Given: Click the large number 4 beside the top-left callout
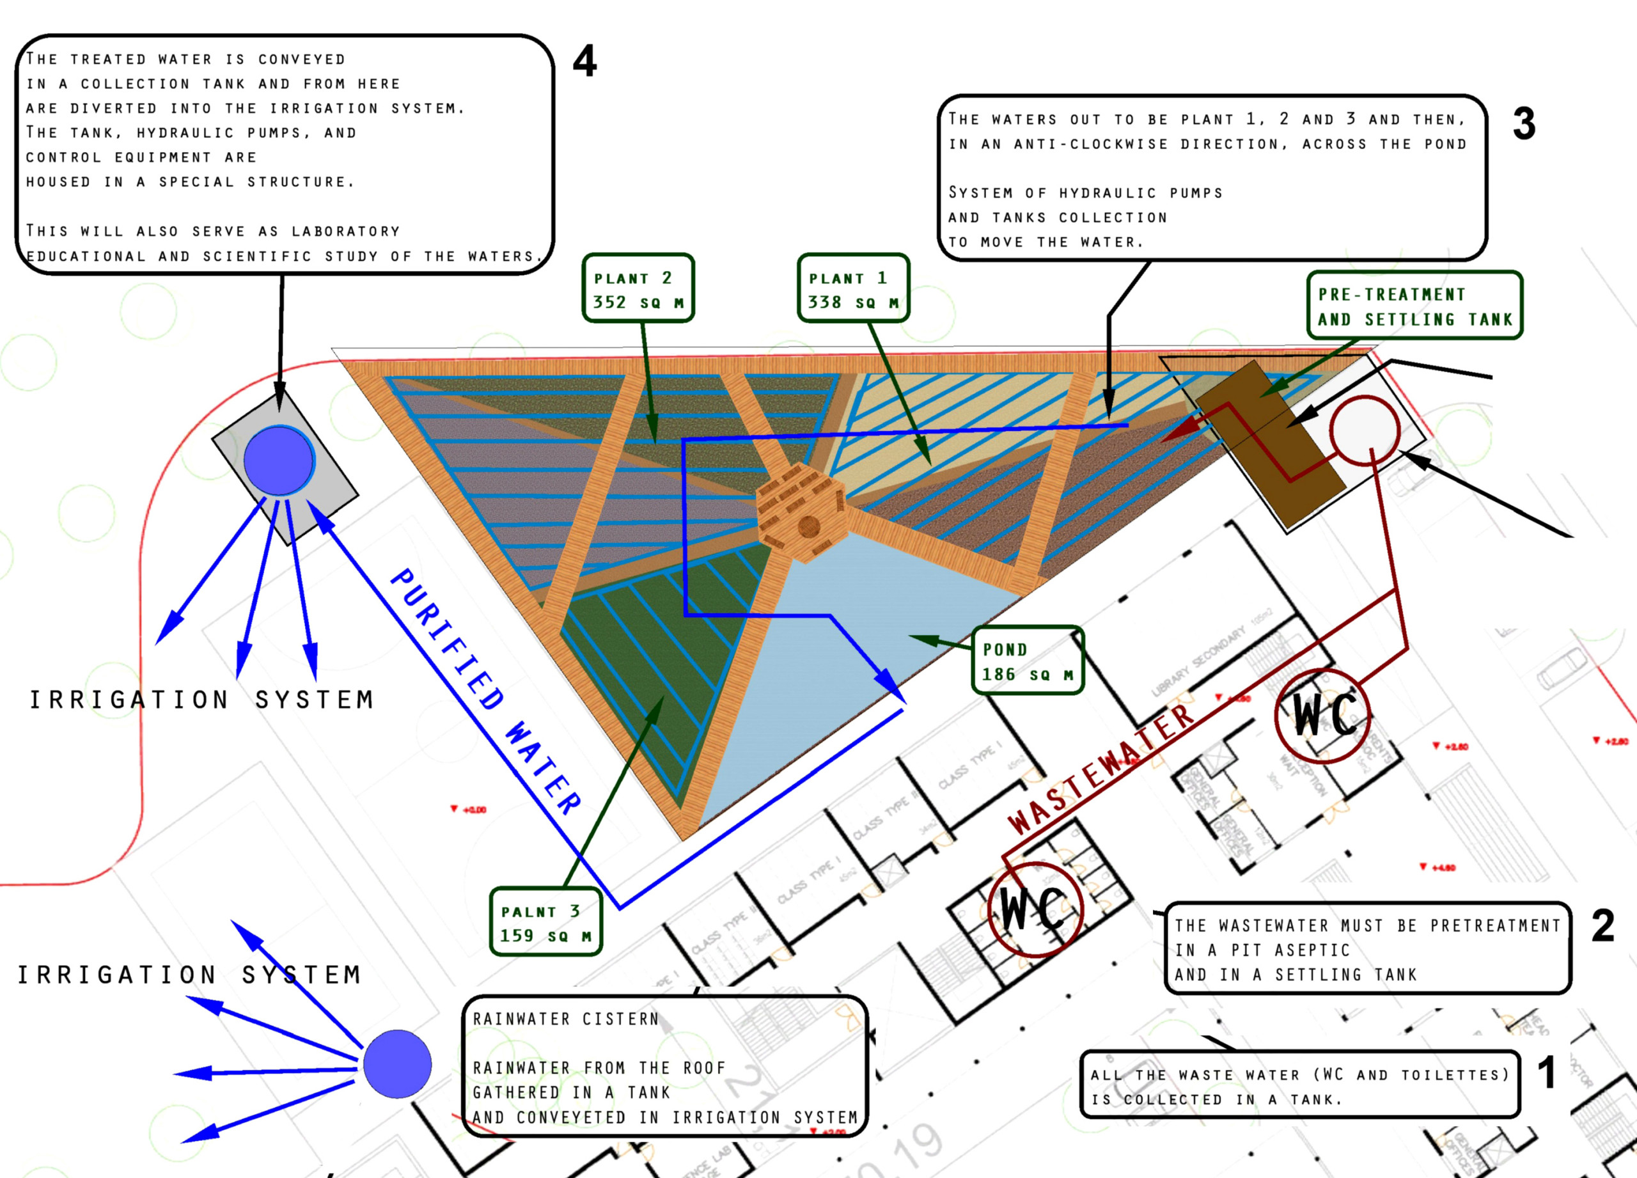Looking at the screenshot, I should [584, 61].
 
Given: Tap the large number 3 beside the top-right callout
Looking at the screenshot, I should [1524, 123].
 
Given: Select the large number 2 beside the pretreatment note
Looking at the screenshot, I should [1602, 925].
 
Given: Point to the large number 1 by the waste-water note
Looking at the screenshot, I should [1546, 1072].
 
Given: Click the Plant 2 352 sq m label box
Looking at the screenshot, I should [638, 288].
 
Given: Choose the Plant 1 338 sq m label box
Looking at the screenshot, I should [853, 288].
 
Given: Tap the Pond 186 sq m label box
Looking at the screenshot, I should [1028, 661].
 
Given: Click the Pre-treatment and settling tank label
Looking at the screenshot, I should [1414, 306].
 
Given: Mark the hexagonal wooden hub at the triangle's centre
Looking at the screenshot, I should [801, 513].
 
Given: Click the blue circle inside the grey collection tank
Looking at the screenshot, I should [279, 460].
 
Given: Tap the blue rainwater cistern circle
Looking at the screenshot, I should [397, 1064].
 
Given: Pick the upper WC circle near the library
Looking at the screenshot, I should [1322, 716].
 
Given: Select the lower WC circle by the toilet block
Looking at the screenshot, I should [1035, 909].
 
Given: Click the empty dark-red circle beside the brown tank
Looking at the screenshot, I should [1365, 431].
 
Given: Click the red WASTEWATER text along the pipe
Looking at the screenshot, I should [1100, 769].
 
